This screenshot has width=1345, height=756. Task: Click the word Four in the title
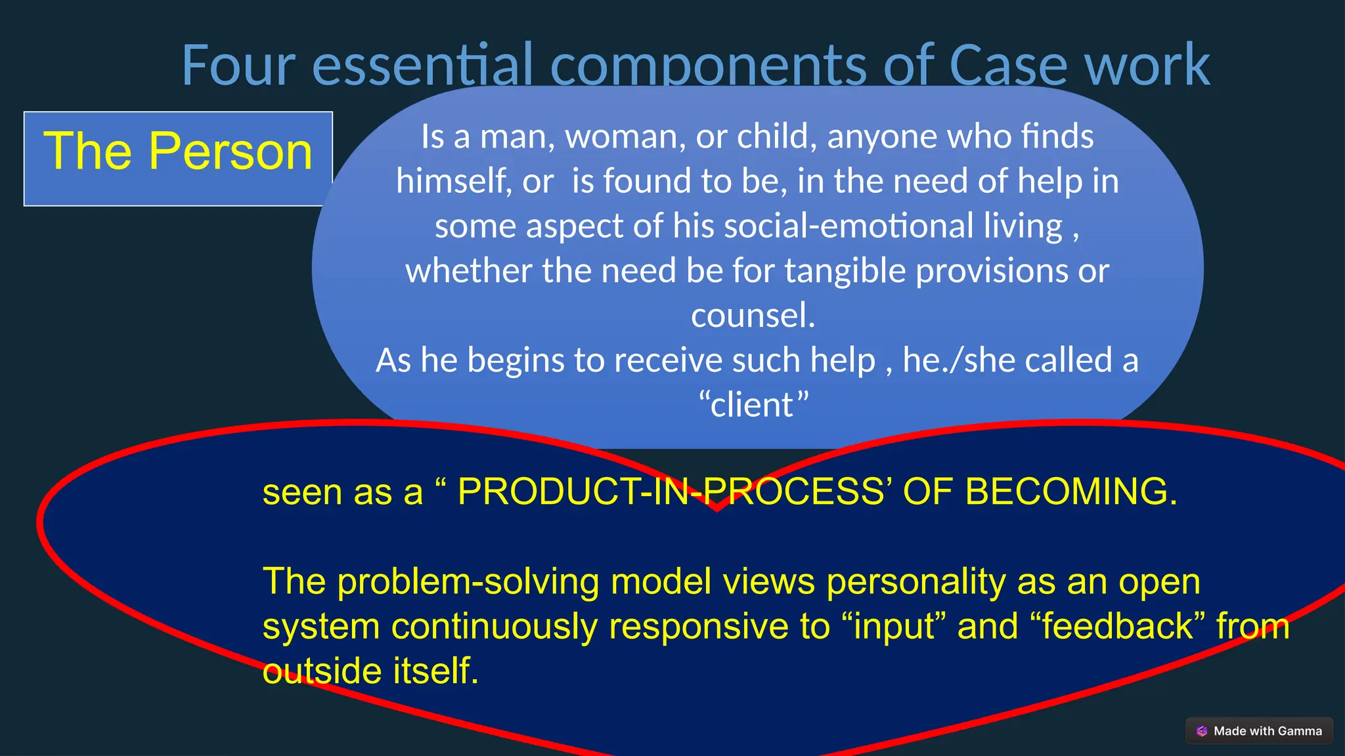(x=238, y=65)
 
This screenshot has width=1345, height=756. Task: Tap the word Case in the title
(x=1008, y=65)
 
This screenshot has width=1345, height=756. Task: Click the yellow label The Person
(x=178, y=152)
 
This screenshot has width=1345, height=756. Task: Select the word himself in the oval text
(x=454, y=181)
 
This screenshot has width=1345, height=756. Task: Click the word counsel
(x=753, y=316)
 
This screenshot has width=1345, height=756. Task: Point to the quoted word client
(x=753, y=405)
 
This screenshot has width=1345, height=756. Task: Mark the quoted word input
(x=894, y=626)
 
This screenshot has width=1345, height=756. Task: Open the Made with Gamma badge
(x=1259, y=731)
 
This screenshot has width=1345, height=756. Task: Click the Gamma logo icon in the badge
(x=1202, y=731)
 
